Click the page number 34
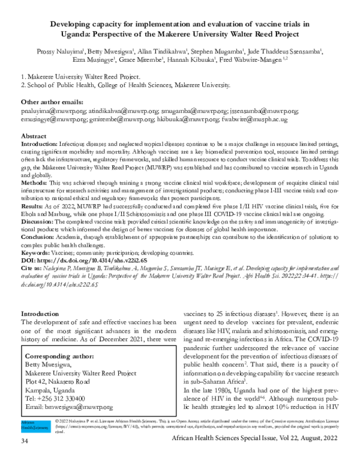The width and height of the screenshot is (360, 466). click(25, 459)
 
